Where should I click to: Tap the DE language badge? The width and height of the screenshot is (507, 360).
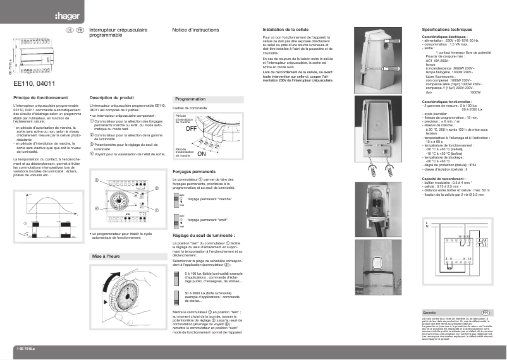pyautogui.click(x=70, y=30)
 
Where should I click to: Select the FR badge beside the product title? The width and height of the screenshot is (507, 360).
pyautogui.click(x=80, y=30)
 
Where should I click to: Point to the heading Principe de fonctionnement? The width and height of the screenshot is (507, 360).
pyautogui.click(x=40, y=99)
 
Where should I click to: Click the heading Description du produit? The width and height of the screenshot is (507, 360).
pyautogui.click(x=112, y=99)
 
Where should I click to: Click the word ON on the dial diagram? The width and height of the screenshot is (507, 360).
pyautogui.click(x=202, y=153)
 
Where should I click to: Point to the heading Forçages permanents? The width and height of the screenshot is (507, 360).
pyautogui.click(x=197, y=172)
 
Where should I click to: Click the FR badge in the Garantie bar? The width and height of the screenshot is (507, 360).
pyautogui.click(x=486, y=313)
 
